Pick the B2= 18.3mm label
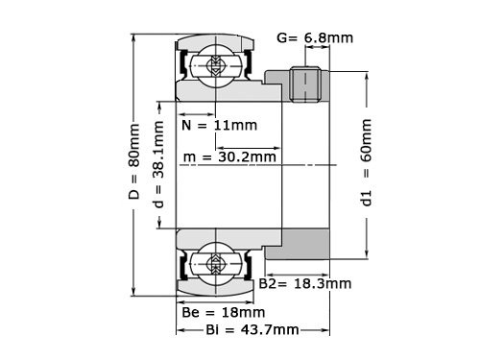click(x=306, y=284)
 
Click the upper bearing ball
click(x=213, y=66)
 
